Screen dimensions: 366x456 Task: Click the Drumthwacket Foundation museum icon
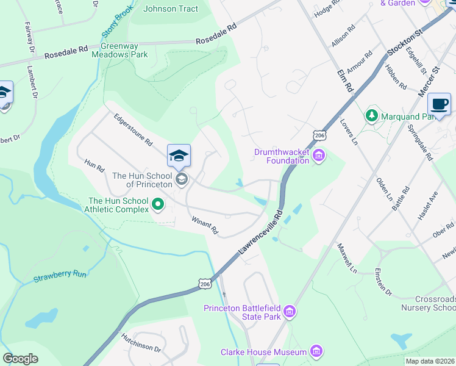(x=318, y=157)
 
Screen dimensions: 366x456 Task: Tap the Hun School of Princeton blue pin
(x=179, y=156)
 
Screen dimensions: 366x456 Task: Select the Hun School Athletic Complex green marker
(x=158, y=204)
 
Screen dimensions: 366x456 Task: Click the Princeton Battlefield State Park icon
(x=290, y=312)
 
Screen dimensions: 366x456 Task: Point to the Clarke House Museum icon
(x=316, y=351)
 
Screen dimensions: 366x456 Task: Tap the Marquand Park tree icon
(x=371, y=116)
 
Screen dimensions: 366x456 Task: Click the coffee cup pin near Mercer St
(x=439, y=104)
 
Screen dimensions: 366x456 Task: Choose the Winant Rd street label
(x=205, y=226)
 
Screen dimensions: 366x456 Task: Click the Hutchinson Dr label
(x=140, y=342)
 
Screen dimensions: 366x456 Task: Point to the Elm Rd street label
(x=345, y=79)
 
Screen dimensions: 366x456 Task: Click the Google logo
(x=20, y=359)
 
